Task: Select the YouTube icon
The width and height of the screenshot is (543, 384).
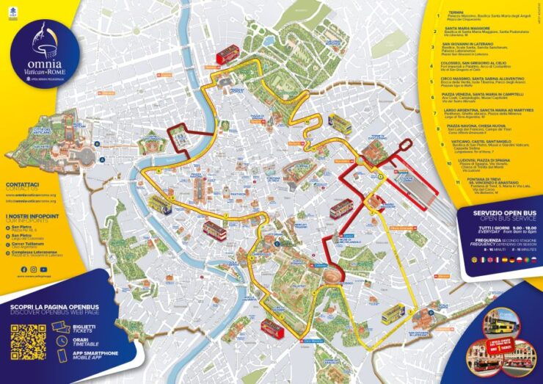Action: click(x=44, y=269)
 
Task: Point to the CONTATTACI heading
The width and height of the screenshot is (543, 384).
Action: click(x=22, y=184)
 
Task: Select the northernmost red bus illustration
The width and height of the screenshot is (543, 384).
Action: click(x=227, y=54)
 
